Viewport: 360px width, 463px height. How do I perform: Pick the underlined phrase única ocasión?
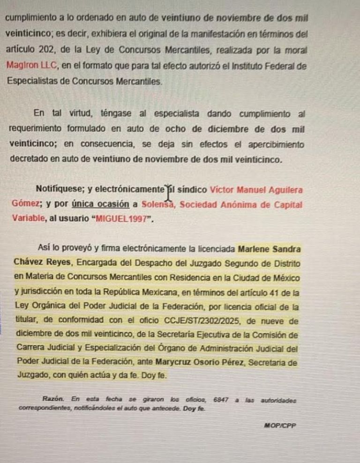tap(100, 204)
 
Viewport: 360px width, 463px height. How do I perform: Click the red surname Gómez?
tap(24, 204)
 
